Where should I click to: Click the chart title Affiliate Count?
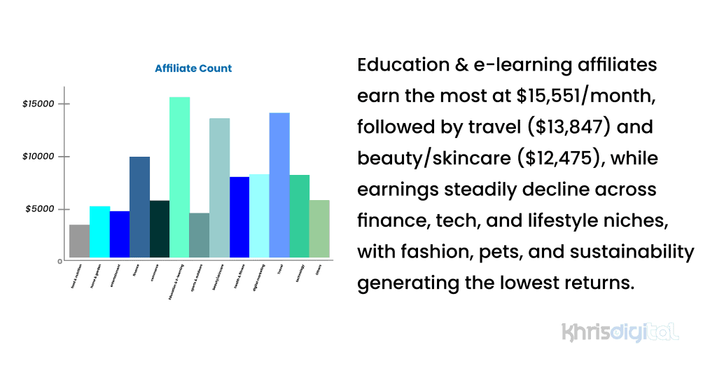193,69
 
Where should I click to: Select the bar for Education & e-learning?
179,178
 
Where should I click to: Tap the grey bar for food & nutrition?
79,241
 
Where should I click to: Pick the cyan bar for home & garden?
99,232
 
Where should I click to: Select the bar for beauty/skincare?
219,188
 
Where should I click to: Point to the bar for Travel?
279,185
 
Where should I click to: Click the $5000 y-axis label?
40,209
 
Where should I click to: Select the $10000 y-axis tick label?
38,157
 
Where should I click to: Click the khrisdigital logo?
620,332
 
